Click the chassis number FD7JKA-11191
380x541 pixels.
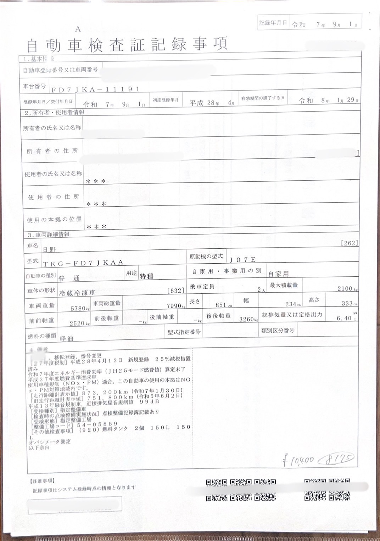(95, 90)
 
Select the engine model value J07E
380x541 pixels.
(242, 260)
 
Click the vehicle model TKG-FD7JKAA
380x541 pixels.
(83, 263)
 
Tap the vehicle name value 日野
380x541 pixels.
(50, 249)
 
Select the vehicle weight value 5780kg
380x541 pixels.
(78, 309)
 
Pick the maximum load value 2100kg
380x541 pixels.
(347, 289)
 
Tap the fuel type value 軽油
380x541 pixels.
(67, 338)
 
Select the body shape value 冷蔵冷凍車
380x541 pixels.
(77, 293)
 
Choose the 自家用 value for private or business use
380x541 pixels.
(278, 274)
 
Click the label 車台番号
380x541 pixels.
(34, 86)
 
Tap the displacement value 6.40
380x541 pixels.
(344, 318)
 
